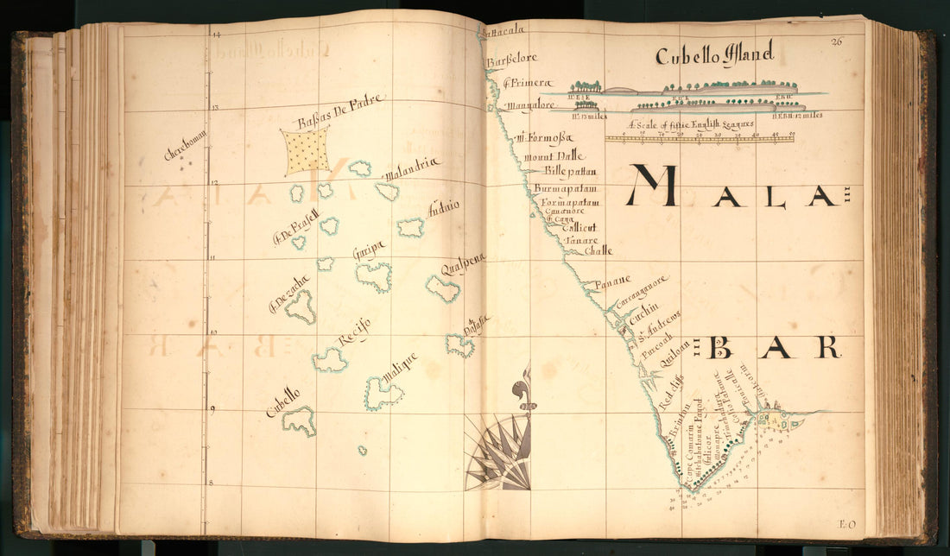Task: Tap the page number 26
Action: point(836,41)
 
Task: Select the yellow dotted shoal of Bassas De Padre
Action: point(307,149)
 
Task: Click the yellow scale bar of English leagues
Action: point(699,137)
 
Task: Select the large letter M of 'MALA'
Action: point(654,186)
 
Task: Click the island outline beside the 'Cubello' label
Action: point(299,420)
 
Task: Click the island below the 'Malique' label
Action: point(382,394)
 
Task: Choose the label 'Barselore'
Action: point(511,59)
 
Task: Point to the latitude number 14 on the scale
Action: point(216,35)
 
